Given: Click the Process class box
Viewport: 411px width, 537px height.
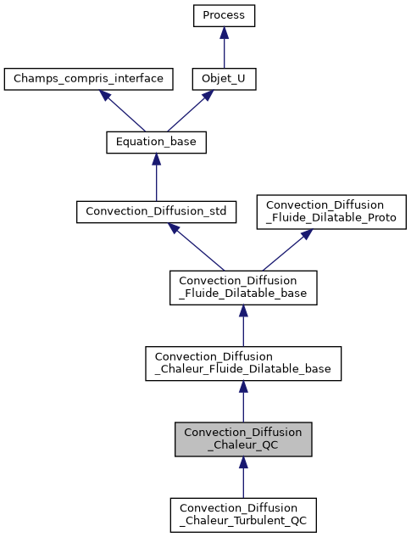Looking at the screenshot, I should pos(224,15).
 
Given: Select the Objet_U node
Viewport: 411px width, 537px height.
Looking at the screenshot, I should pos(224,79).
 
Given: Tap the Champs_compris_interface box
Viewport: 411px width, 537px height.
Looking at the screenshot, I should pos(88,79).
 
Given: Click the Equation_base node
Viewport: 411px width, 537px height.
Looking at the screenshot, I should pos(156,143).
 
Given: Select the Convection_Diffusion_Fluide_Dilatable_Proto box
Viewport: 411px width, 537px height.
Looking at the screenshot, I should pos(332,211).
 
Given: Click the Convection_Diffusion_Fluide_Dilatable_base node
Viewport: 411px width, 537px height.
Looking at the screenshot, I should pos(243,288).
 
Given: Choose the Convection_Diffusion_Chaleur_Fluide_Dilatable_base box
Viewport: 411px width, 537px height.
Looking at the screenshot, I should pos(243,363).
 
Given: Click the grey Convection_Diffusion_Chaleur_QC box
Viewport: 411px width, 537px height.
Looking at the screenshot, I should pos(243,439).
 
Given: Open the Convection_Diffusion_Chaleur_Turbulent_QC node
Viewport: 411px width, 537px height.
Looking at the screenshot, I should pos(243,514).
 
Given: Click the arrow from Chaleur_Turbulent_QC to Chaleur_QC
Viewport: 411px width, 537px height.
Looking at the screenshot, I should pos(243,478).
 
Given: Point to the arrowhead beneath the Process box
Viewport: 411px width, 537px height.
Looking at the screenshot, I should pos(224,32).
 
